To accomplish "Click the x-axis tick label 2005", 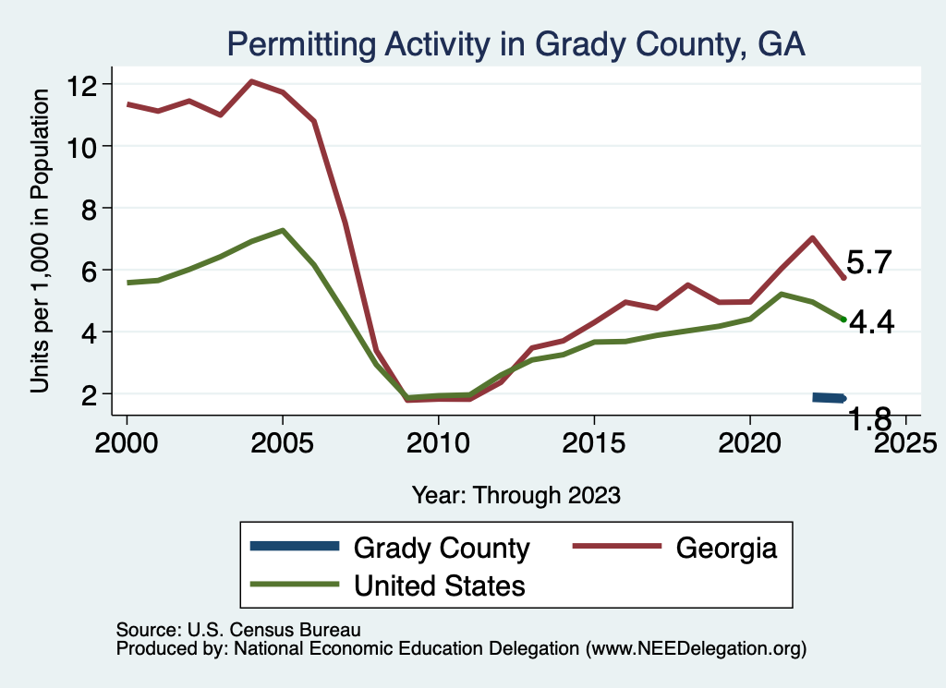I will [282, 437].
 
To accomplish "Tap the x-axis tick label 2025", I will [904, 437].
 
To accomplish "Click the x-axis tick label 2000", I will [127, 437].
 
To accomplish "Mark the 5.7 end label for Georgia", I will [868, 263].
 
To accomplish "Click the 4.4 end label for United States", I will [871, 323].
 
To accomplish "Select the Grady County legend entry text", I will [442, 549].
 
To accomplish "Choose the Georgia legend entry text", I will [726, 549].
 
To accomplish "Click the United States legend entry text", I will [440, 585].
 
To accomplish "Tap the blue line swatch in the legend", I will [296, 547].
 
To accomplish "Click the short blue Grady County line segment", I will [829, 397].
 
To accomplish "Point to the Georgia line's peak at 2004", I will [251, 81].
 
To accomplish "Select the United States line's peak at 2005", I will [283, 230].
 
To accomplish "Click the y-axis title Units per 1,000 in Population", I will [40, 240].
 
